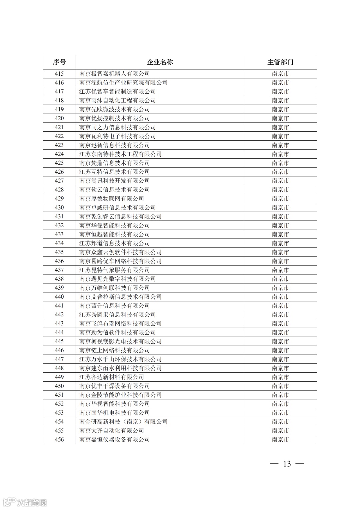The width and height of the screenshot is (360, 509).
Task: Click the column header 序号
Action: tap(59, 62)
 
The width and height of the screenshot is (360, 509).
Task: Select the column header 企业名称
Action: tap(160, 62)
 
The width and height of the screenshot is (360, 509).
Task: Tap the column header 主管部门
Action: tap(280, 62)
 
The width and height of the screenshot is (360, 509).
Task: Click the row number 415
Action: tap(59, 74)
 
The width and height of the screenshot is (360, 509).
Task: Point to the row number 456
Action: tap(59, 439)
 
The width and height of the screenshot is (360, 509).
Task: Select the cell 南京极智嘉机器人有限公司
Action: tap(114, 74)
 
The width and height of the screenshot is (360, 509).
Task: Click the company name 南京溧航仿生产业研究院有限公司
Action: tap(123, 83)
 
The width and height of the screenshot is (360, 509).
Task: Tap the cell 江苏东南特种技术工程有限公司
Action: tap(120, 154)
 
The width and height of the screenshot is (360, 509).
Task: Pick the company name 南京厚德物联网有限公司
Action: tap(111, 199)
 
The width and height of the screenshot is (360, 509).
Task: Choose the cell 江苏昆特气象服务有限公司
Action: tap(114, 270)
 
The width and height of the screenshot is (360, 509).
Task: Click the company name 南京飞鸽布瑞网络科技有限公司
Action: tap(120, 323)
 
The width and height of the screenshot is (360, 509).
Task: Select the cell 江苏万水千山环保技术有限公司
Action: tap(120, 359)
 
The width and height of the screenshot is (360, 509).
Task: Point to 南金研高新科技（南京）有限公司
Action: tap(123, 422)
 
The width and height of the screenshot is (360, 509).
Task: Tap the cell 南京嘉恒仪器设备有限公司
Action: tap(114, 439)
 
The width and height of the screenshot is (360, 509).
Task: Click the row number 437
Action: tap(59, 270)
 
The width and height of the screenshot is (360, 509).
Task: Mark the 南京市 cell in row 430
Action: tap(280, 208)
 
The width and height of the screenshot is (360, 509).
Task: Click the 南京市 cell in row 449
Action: tap(280, 377)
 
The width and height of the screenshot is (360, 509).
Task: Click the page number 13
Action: tap(287, 464)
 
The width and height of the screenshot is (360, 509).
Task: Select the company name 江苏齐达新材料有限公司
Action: tap(111, 377)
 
